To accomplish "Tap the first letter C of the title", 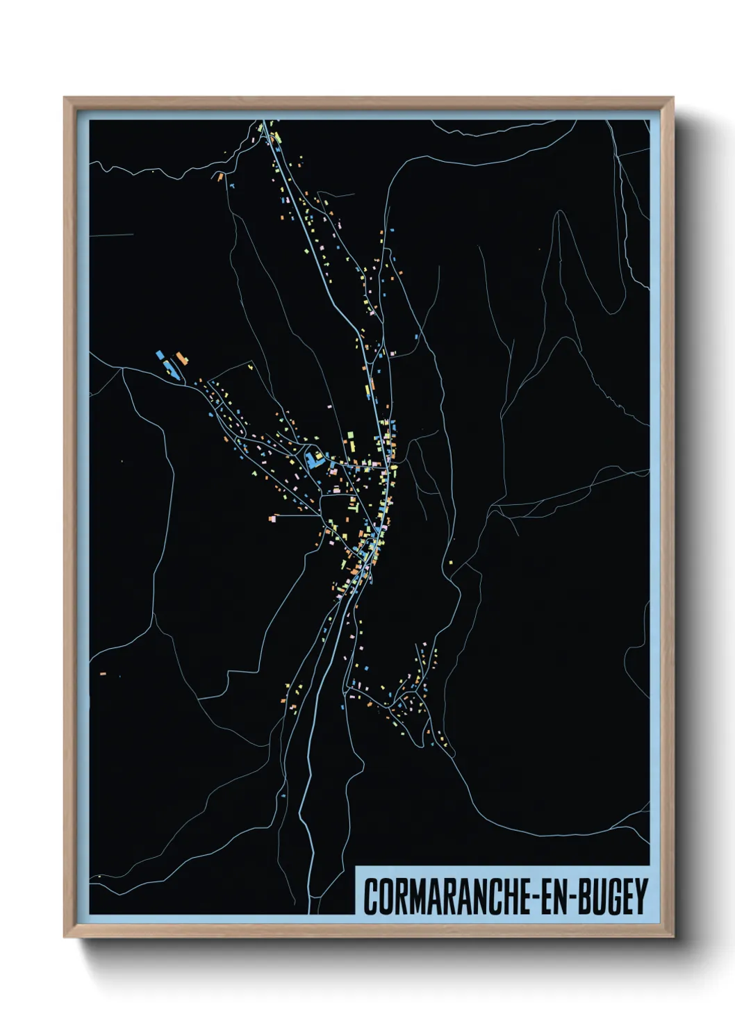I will tap(370, 897).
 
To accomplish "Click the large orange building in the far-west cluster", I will tap(182, 358).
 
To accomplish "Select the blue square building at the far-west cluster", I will tap(160, 354).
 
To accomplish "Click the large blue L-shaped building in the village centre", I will tap(313, 459).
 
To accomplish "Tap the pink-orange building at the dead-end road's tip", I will tap(273, 517).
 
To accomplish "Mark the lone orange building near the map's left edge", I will tap(103, 673).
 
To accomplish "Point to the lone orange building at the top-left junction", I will tap(220, 177).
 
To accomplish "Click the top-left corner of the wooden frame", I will tap(65, 98).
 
